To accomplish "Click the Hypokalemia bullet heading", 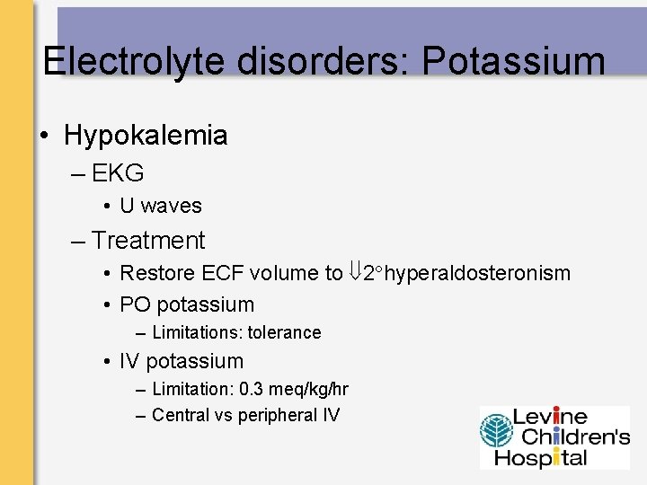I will point(146,136).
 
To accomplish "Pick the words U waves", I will point(161,206).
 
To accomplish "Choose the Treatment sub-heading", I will point(148,241).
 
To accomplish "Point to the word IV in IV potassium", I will point(129,361).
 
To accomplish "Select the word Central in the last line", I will point(182,415).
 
